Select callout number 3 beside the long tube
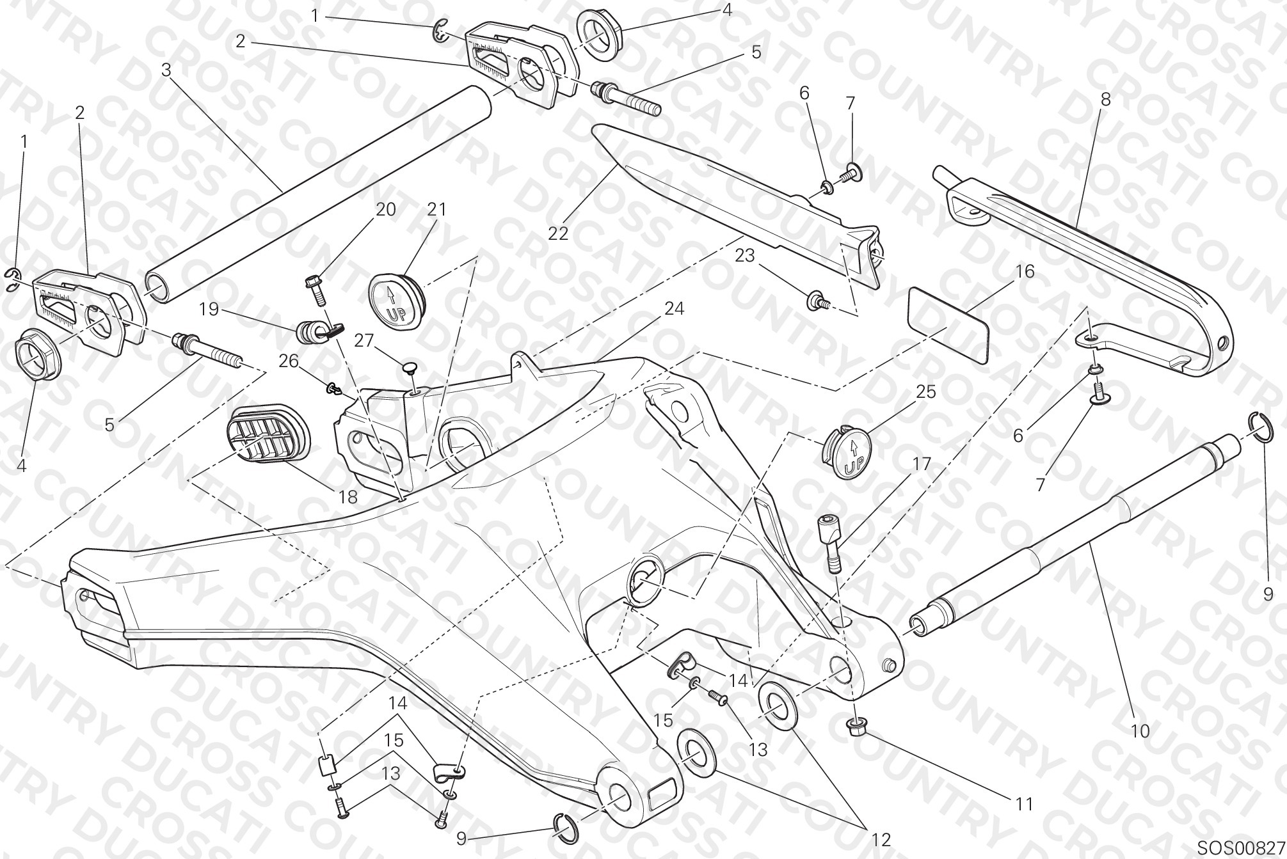click(x=166, y=70)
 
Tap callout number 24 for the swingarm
click(x=674, y=309)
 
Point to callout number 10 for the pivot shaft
click(x=1140, y=730)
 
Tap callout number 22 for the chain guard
click(x=558, y=233)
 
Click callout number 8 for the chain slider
click(x=1105, y=99)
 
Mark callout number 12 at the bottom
click(x=881, y=839)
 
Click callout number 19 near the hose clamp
click(x=209, y=310)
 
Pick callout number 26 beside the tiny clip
click(x=289, y=361)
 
